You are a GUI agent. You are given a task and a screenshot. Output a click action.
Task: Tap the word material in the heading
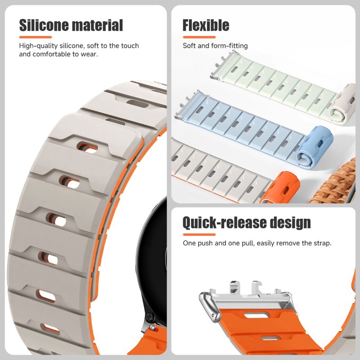click(97, 25)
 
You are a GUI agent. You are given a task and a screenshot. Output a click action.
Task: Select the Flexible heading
click(206, 25)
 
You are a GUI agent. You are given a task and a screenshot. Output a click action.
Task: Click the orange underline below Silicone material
click(36, 37)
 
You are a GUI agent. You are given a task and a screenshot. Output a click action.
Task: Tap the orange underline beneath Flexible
click(199, 37)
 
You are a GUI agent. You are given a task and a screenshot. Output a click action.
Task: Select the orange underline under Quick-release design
click(199, 234)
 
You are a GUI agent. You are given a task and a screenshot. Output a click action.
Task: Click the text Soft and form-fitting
click(215, 46)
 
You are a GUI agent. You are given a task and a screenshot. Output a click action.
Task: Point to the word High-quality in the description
click(38, 46)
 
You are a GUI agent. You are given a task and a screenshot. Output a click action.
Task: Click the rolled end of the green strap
click(342, 104)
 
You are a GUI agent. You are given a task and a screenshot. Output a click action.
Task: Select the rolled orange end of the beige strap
click(279, 189)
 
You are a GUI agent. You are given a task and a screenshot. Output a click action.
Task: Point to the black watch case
click(150, 252)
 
